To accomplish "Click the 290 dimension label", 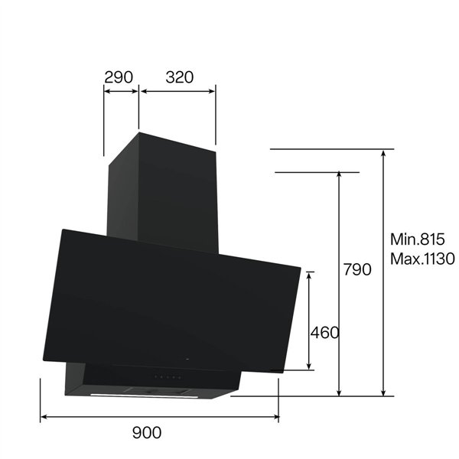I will (x=119, y=77).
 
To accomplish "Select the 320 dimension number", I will (x=177, y=77).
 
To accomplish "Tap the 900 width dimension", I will (x=147, y=432).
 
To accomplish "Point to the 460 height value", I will (x=324, y=333).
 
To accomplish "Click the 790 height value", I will (x=357, y=270).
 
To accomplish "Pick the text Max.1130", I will (x=422, y=259).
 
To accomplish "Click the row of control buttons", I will (x=168, y=377).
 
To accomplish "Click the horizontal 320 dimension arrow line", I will (x=177, y=92).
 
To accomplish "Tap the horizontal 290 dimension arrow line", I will (x=121, y=92).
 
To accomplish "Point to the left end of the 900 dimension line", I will (x=41, y=417).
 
